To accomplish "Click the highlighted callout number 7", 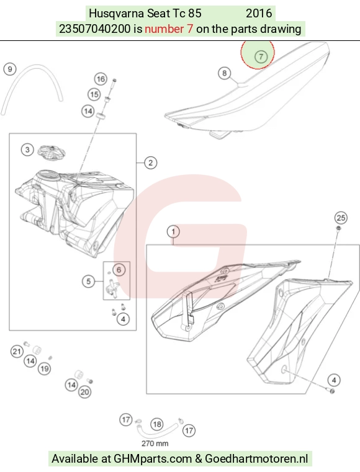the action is [x=261, y=56].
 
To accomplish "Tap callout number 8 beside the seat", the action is [x=225, y=73].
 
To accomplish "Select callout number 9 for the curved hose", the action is [x=10, y=69].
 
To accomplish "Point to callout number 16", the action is [x=101, y=79].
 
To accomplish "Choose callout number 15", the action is [x=94, y=94].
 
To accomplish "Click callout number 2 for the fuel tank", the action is [x=150, y=163].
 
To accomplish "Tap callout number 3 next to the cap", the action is [x=27, y=149].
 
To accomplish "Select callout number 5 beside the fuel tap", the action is [x=88, y=282].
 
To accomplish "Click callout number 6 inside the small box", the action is [x=119, y=270].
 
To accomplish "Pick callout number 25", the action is [x=341, y=218].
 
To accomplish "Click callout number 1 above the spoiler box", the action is [x=173, y=231].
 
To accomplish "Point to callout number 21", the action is [x=17, y=351].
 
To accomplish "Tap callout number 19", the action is [x=44, y=369].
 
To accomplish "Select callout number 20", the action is [x=84, y=392].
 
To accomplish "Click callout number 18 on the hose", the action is [x=156, y=424].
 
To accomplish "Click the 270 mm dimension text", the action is [x=155, y=443].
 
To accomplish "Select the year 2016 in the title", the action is [x=259, y=13].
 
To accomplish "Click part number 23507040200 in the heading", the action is [x=94, y=29].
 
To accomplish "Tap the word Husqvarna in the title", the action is [x=117, y=14].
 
